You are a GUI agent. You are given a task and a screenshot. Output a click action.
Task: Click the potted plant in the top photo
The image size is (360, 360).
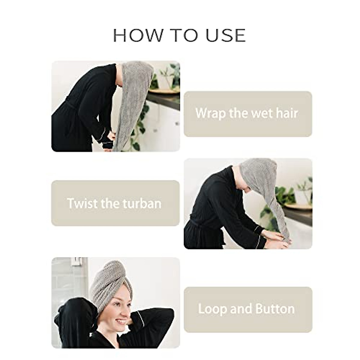coord(165,78)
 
